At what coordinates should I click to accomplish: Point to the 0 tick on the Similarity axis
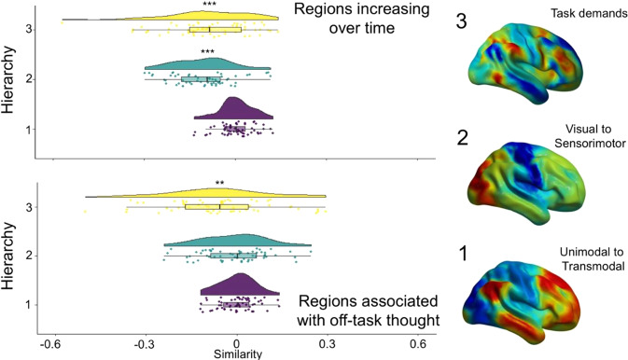point(237,342)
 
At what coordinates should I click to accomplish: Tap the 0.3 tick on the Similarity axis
point(328,342)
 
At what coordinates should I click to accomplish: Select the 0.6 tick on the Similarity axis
point(417,342)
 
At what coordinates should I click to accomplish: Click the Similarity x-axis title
point(236,353)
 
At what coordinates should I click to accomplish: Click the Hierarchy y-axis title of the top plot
point(11,79)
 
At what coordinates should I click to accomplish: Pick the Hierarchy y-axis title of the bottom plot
point(11,254)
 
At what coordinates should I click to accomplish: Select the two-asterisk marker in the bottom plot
point(220,184)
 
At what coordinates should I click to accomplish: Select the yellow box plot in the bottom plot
point(216,206)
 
